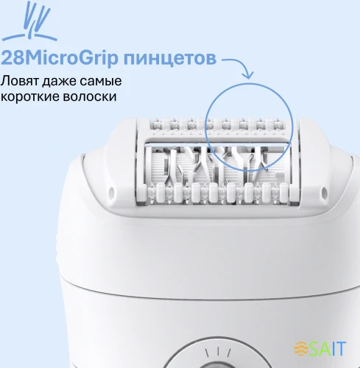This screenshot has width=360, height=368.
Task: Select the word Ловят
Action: (21, 81)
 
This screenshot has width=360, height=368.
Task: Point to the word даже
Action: (59, 81)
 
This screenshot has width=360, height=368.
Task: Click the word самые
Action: (99, 81)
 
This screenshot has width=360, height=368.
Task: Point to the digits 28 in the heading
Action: (13, 58)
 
